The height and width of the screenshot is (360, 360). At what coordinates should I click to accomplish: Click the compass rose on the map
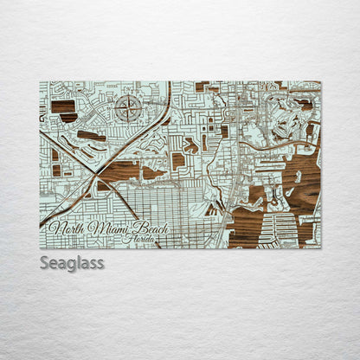click(x=127, y=108)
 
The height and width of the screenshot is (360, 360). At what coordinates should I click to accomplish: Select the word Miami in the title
click(x=107, y=228)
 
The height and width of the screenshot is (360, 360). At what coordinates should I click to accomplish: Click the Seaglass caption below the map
click(x=72, y=262)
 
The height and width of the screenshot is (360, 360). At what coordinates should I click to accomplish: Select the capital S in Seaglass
click(x=45, y=262)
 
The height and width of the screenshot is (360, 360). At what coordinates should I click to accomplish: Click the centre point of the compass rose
click(x=127, y=109)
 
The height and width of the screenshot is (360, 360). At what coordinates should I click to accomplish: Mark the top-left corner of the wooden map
click(x=40, y=82)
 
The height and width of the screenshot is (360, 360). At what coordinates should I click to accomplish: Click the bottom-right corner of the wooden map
click(x=320, y=248)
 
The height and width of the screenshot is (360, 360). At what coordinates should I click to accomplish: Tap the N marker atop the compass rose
click(x=127, y=97)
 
